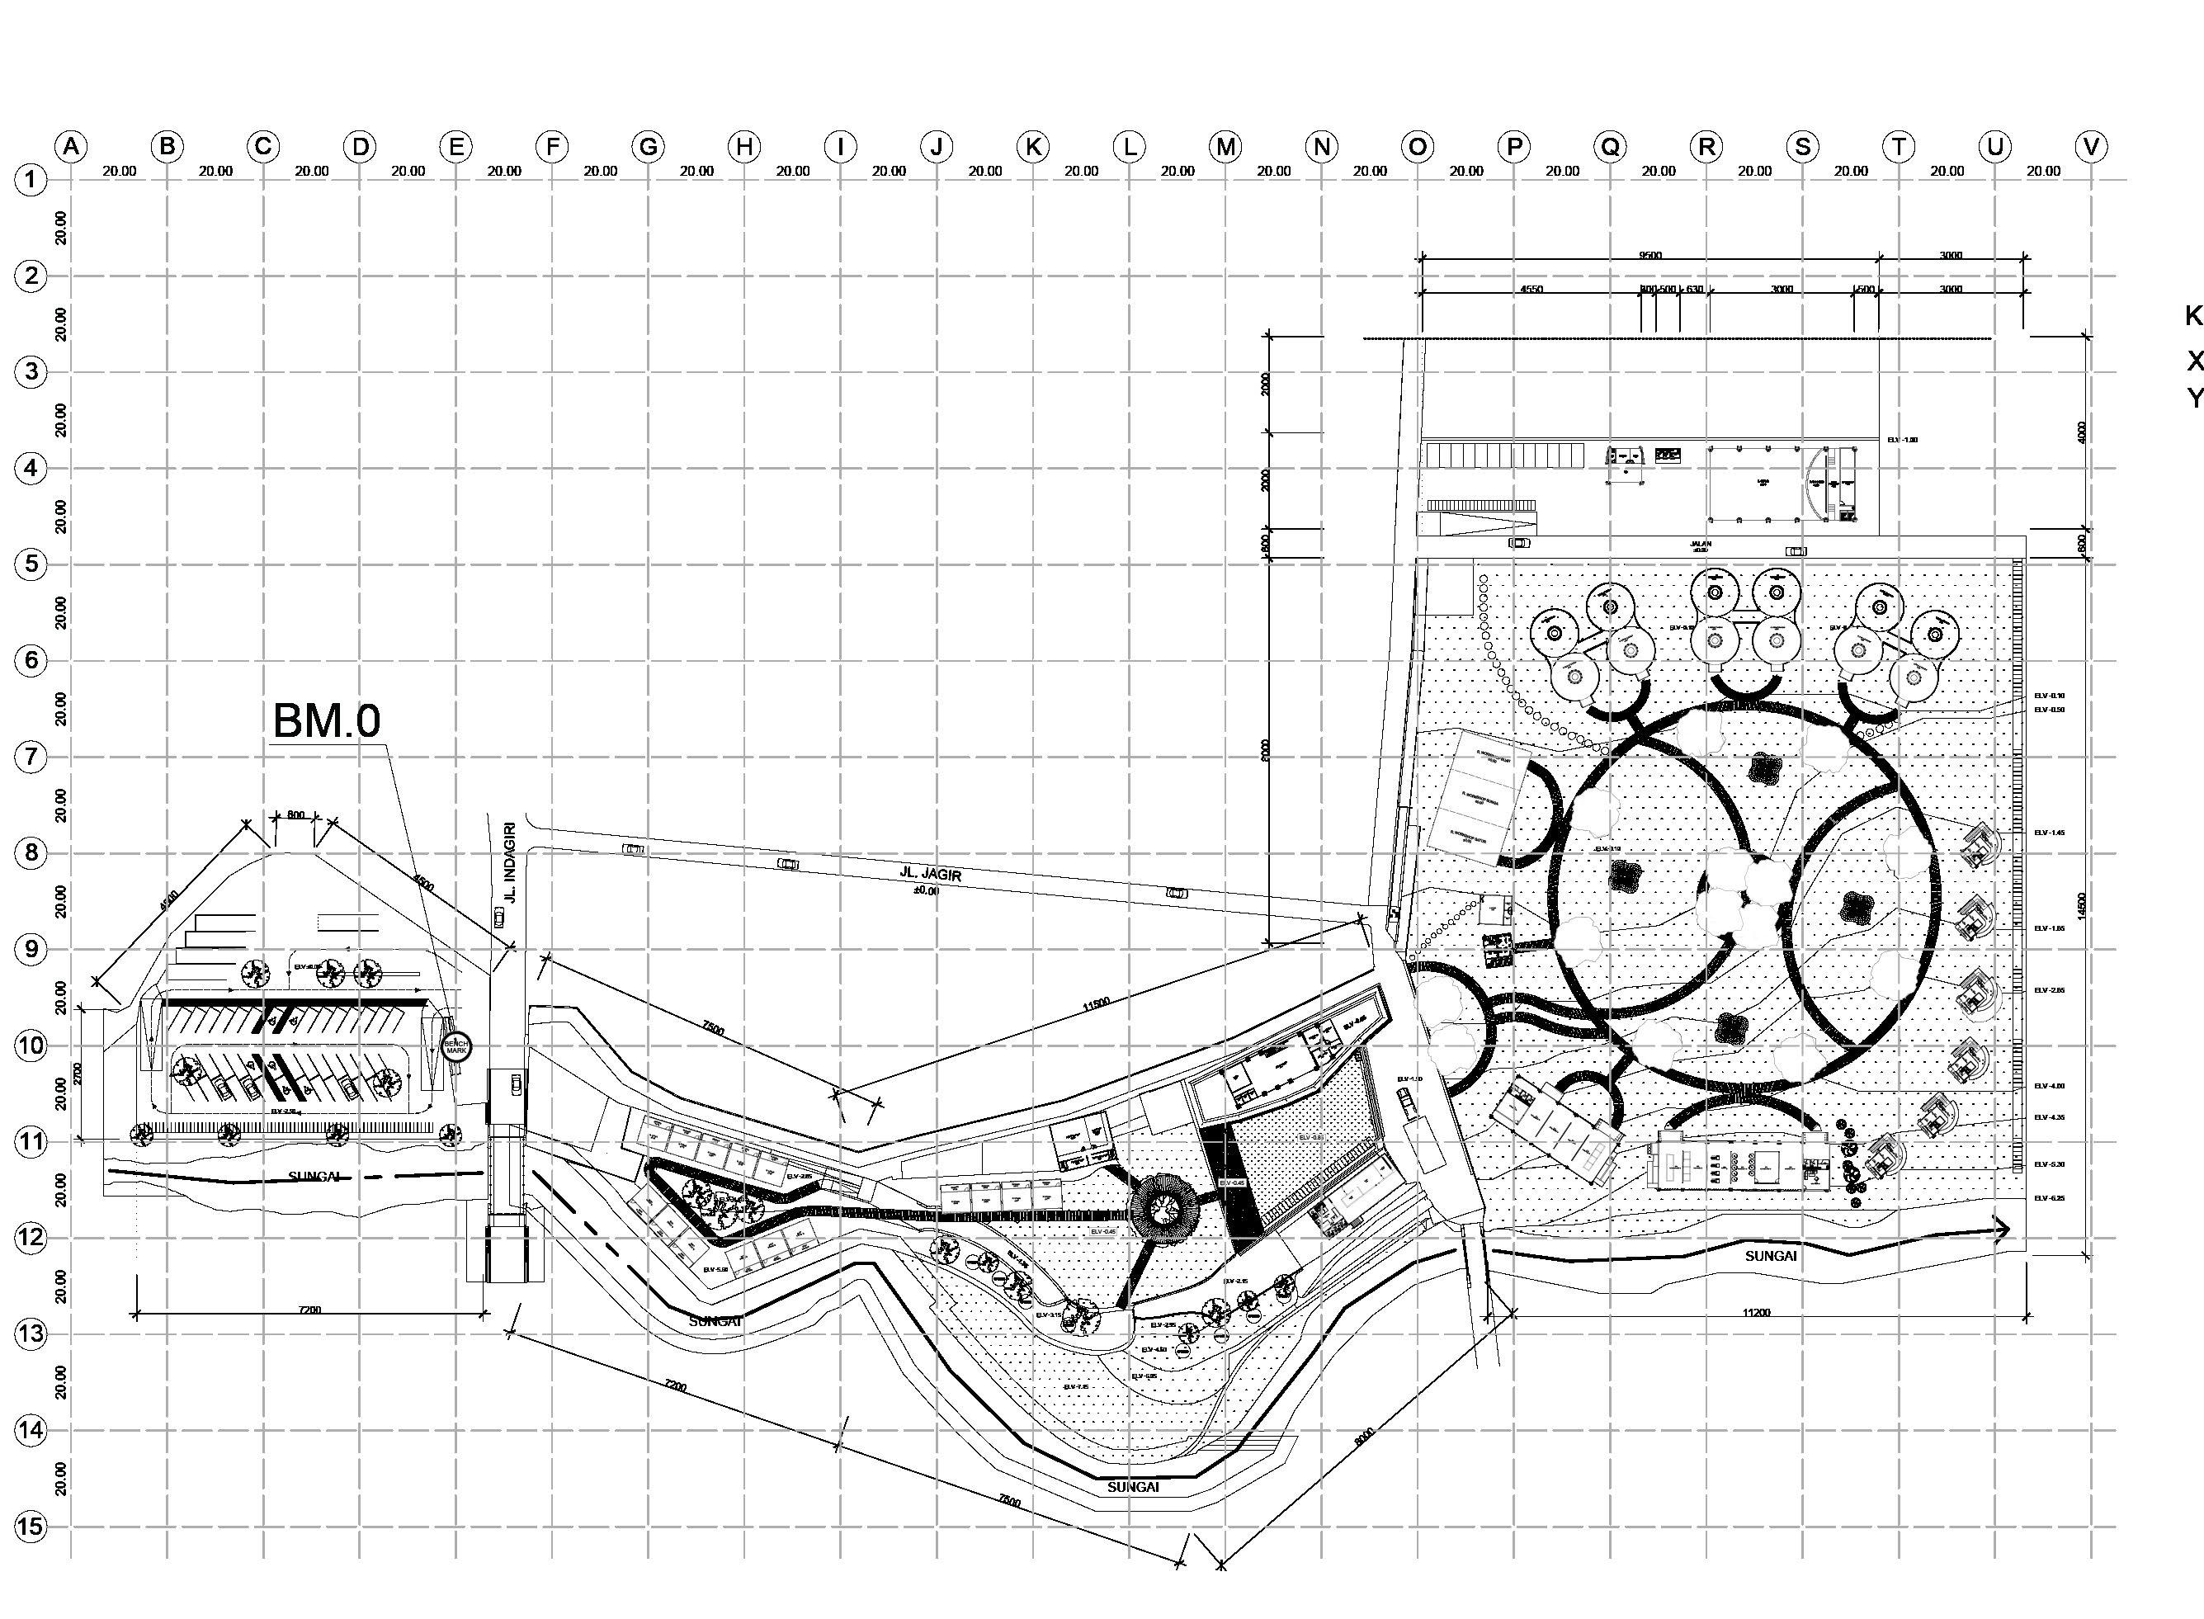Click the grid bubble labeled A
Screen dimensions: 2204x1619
click(x=71, y=147)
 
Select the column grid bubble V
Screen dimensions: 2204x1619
click(x=2090, y=147)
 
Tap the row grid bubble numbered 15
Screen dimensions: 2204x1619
click(x=31, y=1526)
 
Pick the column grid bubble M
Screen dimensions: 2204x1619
click(x=1225, y=147)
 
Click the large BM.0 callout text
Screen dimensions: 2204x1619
click(x=325, y=721)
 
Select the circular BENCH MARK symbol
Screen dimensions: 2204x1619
click(x=456, y=1046)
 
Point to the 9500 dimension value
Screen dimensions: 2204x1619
click(x=1650, y=255)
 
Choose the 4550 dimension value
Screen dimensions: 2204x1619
click(x=1531, y=289)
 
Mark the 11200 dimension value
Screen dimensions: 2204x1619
click(x=1757, y=1312)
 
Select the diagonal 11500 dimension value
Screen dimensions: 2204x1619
click(x=1096, y=1002)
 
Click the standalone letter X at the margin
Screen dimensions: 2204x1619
click(x=2195, y=361)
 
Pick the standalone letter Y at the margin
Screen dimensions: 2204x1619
click(x=2195, y=398)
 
